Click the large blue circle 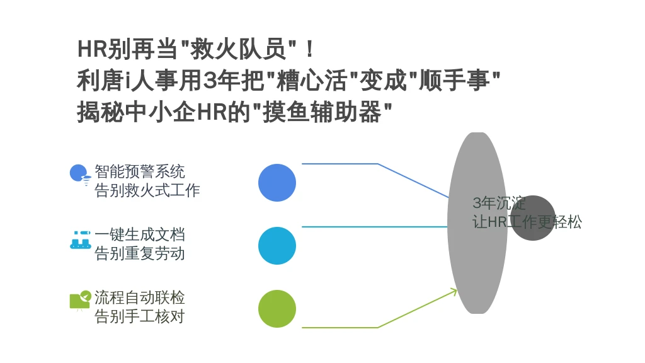(277, 183)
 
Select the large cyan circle (277, 246)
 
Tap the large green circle (277, 309)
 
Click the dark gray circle (533, 217)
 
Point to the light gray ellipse (477, 222)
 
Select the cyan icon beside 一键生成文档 (80, 239)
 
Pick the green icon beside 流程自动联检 (80, 300)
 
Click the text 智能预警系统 (140, 171)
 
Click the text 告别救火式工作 (147, 190)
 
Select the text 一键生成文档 (140, 234)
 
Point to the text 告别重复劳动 (140, 253)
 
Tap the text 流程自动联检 (140, 297)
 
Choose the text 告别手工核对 (140, 316)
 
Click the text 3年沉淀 (499, 203)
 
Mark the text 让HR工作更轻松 (527, 222)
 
